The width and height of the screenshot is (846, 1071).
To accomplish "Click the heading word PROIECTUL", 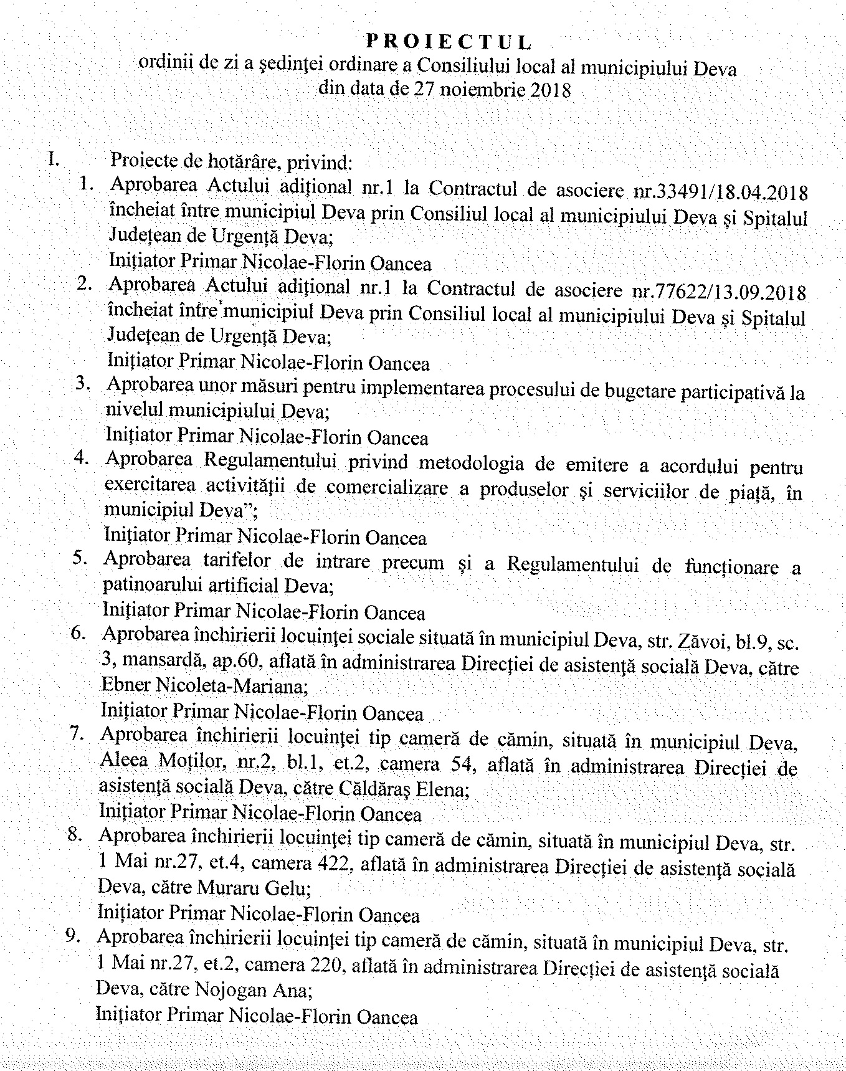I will click(448, 42).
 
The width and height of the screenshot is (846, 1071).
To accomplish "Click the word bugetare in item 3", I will click(602, 391).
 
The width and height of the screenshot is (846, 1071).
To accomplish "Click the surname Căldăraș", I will click(410, 789).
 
